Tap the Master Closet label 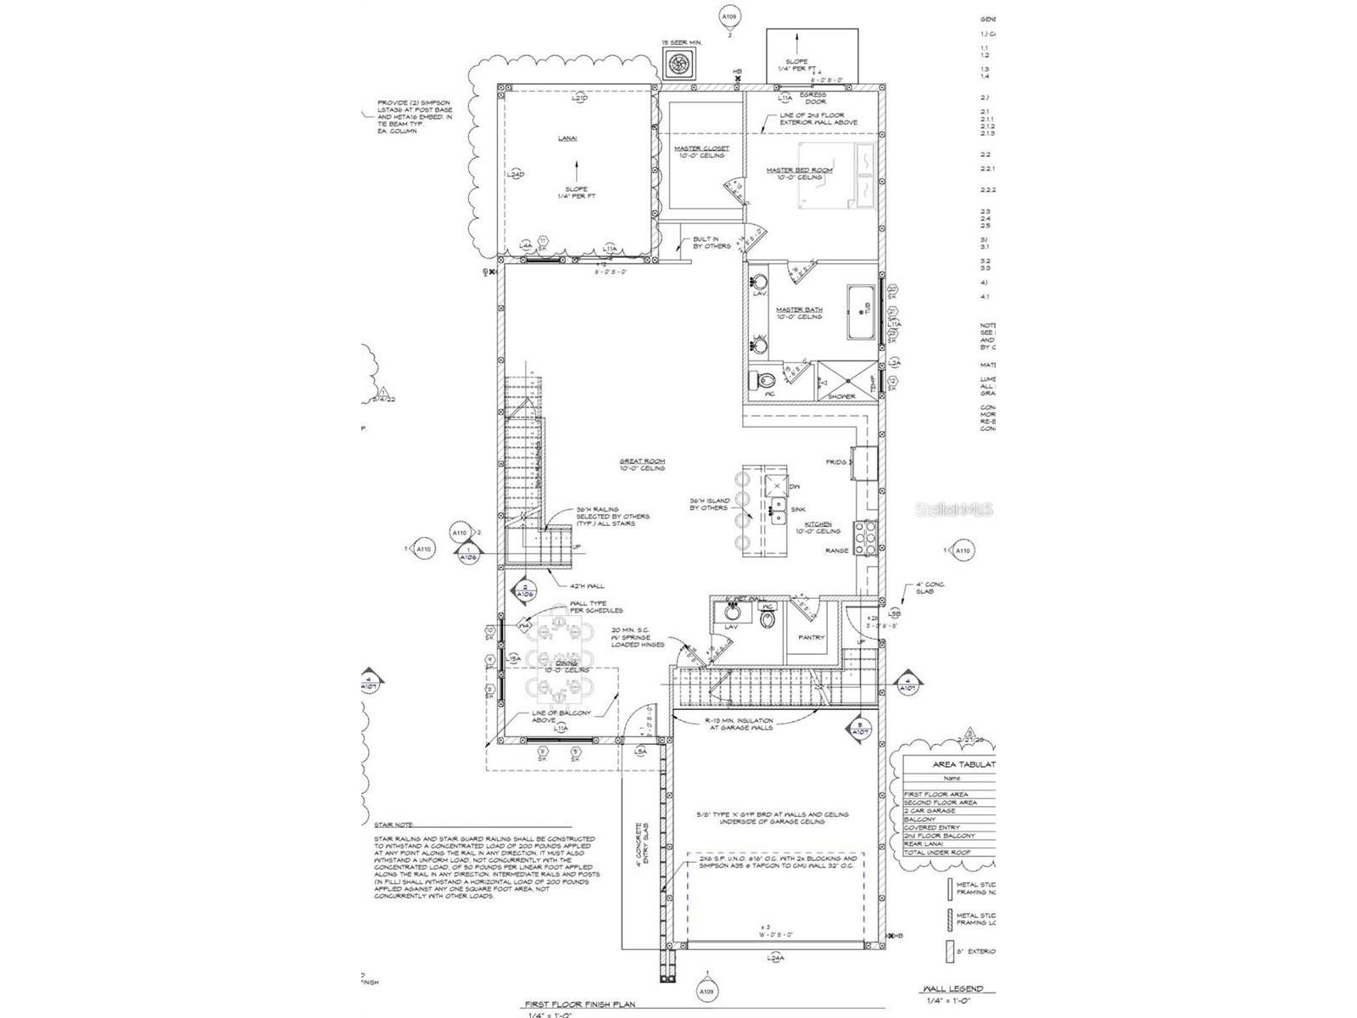point(701,148)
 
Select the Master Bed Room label point(799,170)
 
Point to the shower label point(841,396)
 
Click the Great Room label point(641,461)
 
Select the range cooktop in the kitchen point(865,538)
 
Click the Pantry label point(812,637)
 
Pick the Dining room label point(566,663)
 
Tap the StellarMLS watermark point(963,510)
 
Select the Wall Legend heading point(952,989)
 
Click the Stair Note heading point(394,824)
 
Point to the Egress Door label point(812,98)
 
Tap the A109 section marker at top point(729,16)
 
